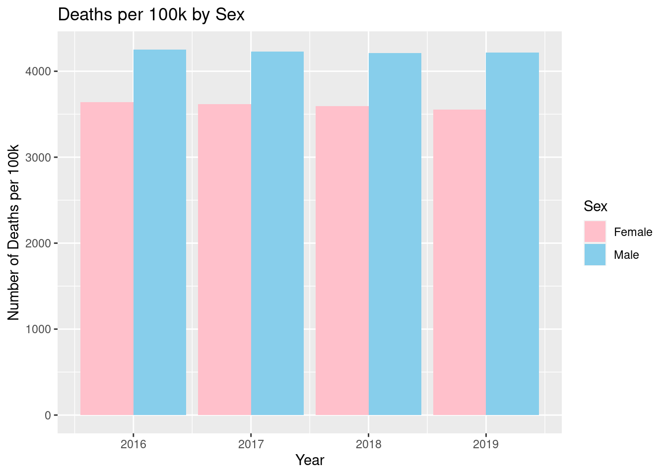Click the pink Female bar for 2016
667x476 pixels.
pos(107,258)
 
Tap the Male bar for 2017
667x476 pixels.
pos(277,233)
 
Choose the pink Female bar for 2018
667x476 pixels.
pos(342,260)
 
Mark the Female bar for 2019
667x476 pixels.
pos(460,262)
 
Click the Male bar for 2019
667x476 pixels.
pos(513,234)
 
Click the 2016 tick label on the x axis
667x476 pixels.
pos(133,444)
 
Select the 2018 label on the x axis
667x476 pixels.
pos(368,444)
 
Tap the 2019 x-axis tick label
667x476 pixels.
pos(486,444)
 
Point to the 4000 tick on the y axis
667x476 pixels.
pos(39,71)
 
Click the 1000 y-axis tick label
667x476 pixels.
pos(39,329)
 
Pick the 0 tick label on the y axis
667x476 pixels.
pos(48,415)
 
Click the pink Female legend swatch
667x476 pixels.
pos(595,232)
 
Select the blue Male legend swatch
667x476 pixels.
pos(595,254)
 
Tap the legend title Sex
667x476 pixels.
pos(596,206)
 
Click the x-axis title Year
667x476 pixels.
pos(310,460)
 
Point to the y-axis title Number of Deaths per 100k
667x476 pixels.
pos(14,232)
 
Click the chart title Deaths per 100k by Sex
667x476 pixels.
pos(151,15)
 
